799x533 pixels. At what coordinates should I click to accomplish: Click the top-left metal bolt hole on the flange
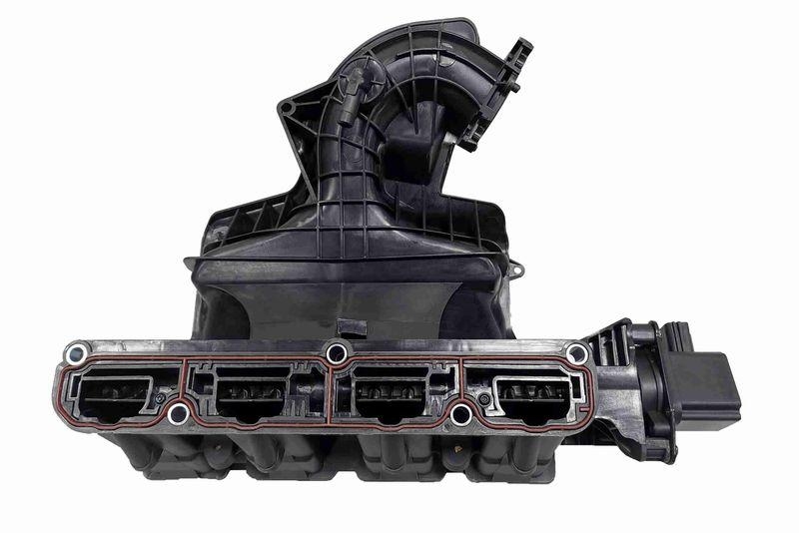[x=75, y=353]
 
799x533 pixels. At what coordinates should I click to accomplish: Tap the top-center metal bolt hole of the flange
[x=337, y=352]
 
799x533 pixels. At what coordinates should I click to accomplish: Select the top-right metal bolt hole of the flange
[x=576, y=353]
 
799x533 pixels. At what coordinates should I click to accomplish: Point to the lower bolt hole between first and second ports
[x=179, y=413]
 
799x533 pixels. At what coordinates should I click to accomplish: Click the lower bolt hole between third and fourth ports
[x=460, y=413]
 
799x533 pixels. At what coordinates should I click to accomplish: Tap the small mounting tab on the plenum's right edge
[x=516, y=269]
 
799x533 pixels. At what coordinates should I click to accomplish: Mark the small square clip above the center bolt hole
[x=347, y=326]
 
